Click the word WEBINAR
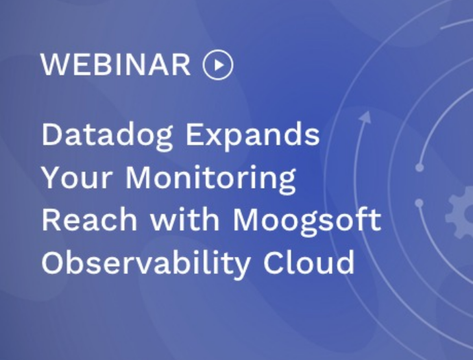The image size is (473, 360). (x=116, y=64)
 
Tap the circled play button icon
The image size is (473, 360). (x=218, y=64)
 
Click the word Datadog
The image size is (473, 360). (x=107, y=136)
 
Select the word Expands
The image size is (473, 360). (x=252, y=136)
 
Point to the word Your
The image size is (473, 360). (x=77, y=178)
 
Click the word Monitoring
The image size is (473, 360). (x=210, y=179)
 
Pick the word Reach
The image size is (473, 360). (x=89, y=219)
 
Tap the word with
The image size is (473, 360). (x=184, y=219)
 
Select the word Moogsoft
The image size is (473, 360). (x=307, y=221)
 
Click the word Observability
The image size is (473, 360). (x=146, y=263)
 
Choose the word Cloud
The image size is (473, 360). (x=308, y=262)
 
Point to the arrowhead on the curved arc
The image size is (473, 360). (x=365, y=117)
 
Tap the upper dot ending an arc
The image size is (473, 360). (x=420, y=167)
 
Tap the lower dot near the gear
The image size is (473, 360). (x=419, y=203)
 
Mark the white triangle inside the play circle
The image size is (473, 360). (x=219, y=65)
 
